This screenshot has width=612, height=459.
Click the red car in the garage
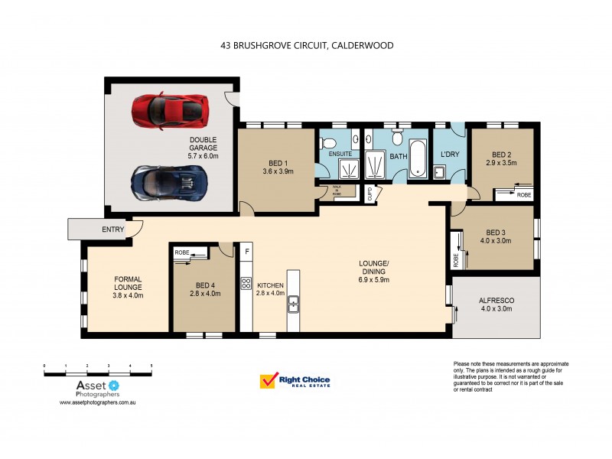[170, 110]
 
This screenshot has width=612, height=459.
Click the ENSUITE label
[340, 155]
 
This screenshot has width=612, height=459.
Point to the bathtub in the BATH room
[417, 159]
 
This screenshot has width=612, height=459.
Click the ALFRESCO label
[496, 304]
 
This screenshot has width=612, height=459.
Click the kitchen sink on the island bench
[293, 306]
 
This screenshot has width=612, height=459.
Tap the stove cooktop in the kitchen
[246, 283]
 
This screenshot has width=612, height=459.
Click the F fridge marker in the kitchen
[246, 251]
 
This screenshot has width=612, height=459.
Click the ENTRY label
[112, 229]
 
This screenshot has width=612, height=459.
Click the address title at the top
[306, 46]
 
